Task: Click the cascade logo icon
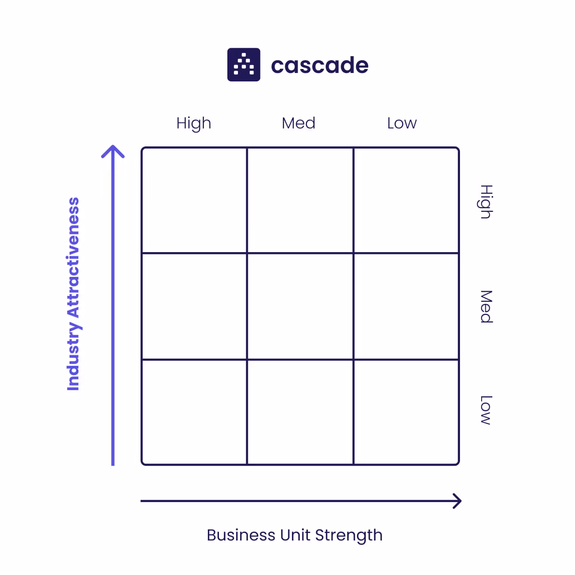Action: click(244, 65)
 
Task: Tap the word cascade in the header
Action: click(319, 65)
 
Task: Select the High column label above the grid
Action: click(194, 123)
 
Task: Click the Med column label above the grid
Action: click(299, 123)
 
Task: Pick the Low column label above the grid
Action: click(402, 123)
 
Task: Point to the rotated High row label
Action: click(486, 202)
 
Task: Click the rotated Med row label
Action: click(486, 307)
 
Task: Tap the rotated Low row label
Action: click(486, 410)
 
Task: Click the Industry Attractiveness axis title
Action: click(73, 294)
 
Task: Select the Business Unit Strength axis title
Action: click(295, 535)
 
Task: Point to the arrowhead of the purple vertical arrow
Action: click(113, 150)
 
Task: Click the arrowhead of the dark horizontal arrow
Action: click(457, 501)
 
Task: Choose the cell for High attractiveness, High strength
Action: click(194, 200)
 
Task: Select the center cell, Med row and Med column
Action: click(300, 307)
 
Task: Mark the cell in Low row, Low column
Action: click(406, 412)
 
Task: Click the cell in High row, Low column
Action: click(406, 200)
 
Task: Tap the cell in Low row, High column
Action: click(194, 412)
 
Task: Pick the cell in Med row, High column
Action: click(194, 307)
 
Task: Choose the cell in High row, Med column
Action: click(300, 200)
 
